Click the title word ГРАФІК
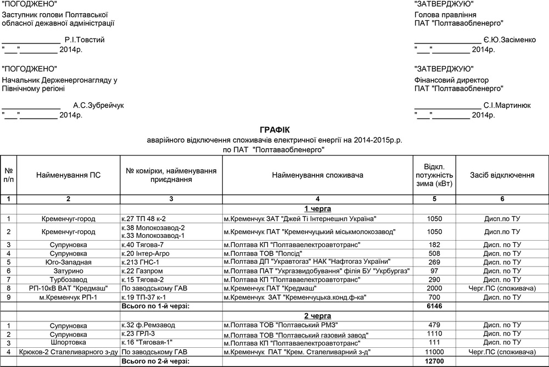coord(274,130)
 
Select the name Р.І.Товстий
coord(84,40)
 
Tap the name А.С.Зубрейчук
coord(99,105)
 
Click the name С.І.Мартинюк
coord(507,105)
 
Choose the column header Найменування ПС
coord(69,175)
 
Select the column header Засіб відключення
coord(502,175)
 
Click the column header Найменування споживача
coord(317,175)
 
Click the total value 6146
coord(434,306)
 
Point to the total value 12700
coord(434,361)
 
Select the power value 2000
coord(434,288)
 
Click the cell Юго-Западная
coord(69,262)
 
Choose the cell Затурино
coord(69,271)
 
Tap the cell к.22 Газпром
coord(142,271)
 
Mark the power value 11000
coord(434,352)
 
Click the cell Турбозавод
coord(69,280)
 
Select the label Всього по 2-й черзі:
coord(155,361)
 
